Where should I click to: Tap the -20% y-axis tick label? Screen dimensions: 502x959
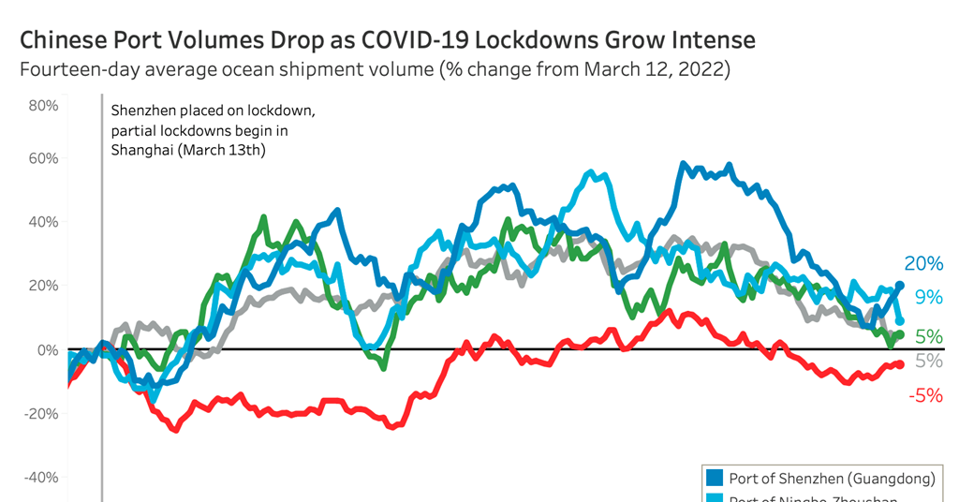[x=40, y=413]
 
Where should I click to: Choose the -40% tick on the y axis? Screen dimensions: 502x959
[x=40, y=477]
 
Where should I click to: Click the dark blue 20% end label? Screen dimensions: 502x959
[x=923, y=264]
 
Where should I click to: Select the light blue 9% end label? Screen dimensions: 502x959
[x=928, y=297]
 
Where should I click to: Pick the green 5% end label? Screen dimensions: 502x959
[x=928, y=336]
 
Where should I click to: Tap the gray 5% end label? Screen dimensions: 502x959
[x=928, y=361]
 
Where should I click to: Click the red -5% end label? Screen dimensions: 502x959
[x=925, y=395]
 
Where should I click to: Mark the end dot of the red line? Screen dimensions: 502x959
[x=900, y=364]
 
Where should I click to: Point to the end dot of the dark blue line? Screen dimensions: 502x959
[x=900, y=286]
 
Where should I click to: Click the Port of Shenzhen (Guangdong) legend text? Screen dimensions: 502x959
[x=832, y=479]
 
